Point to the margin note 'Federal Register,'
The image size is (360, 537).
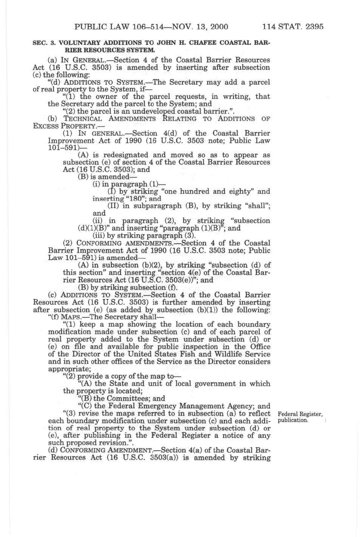click(x=300, y=414)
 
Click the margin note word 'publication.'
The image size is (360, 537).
click(x=293, y=420)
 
